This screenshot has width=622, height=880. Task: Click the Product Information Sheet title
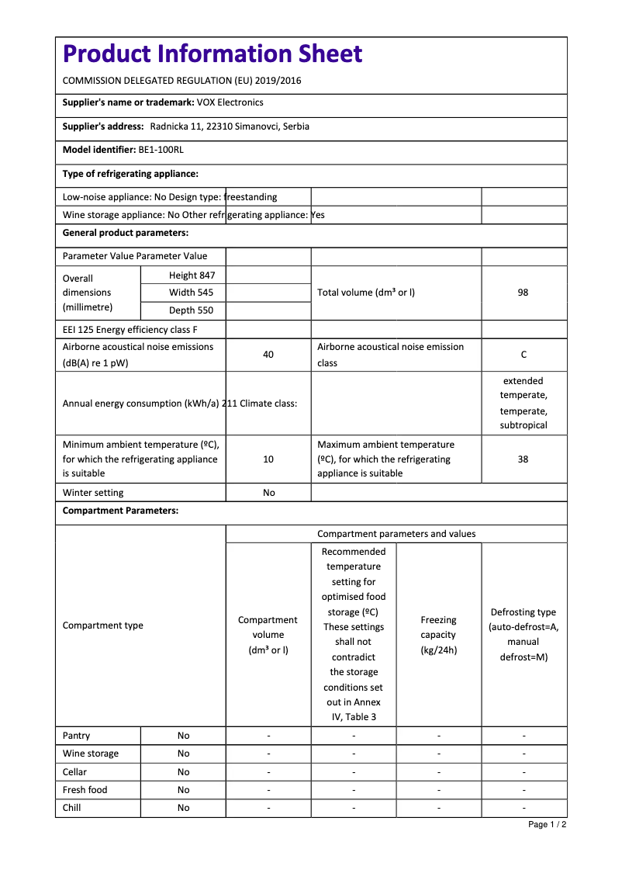point(213,54)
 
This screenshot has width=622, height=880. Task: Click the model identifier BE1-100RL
point(161,150)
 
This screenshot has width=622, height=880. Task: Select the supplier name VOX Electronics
point(230,102)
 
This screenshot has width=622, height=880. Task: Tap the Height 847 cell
point(192,275)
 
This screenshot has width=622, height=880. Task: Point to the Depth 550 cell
point(191,310)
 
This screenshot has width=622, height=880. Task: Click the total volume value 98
point(523,293)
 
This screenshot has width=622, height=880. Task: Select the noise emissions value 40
point(268,355)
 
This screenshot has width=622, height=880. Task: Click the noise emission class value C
point(524,355)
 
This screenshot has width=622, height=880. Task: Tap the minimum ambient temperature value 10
point(268,459)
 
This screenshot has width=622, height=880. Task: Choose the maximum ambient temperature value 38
point(523,459)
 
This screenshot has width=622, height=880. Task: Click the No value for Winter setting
point(268,493)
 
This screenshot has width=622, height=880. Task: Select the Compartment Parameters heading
point(120,511)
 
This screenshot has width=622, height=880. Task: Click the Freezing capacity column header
point(438,635)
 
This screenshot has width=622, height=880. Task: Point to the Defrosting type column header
point(524,635)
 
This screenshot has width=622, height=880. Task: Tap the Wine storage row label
point(91,754)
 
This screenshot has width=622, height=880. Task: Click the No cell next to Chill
point(183,808)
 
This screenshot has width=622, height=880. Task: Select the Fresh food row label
point(85,790)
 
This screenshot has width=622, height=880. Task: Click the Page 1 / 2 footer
point(547,824)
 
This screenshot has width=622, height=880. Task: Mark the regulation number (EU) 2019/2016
point(267,81)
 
